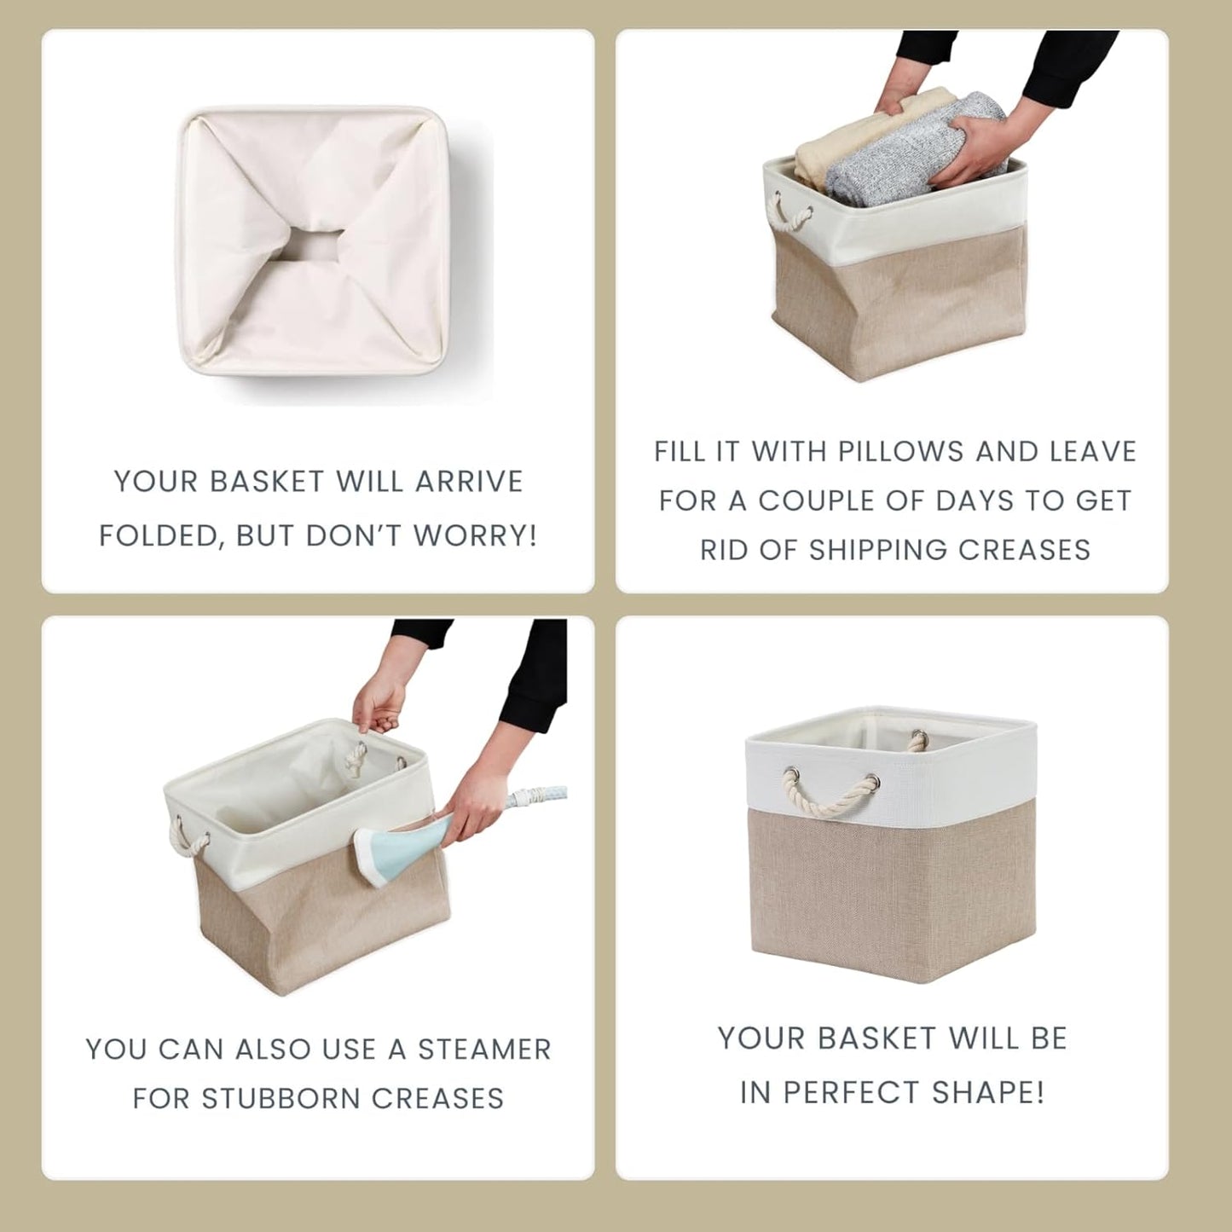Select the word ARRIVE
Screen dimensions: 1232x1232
(468, 482)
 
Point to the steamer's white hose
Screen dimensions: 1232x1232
(537, 797)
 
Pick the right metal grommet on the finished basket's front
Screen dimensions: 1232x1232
(871, 780)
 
